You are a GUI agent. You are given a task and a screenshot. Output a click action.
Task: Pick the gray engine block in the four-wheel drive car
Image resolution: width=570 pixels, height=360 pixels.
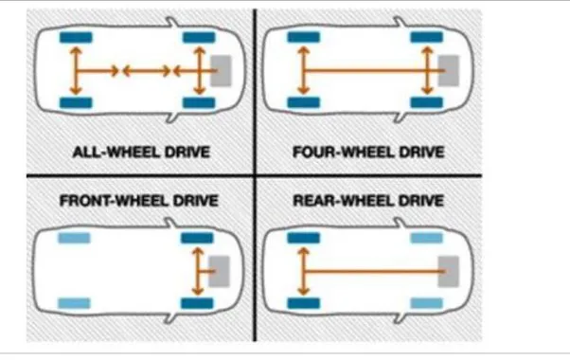(451, 69)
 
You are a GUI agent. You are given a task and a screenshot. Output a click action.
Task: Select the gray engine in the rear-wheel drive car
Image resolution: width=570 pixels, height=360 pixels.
(451, 270)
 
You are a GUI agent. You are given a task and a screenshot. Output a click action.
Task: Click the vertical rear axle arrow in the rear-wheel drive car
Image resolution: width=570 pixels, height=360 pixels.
(303, 270)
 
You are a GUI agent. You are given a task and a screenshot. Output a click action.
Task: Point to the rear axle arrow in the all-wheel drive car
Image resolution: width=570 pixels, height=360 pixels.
(73, 69)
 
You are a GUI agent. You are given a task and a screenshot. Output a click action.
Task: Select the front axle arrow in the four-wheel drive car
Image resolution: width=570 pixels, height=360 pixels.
(428, 69)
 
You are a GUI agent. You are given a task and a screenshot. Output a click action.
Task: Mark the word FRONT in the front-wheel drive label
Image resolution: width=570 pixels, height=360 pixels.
(85, 201)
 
